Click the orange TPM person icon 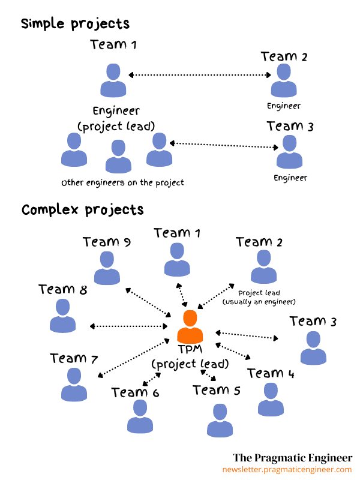190,326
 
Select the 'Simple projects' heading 76,24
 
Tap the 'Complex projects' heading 82,210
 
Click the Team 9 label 107,242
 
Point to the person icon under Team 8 63,316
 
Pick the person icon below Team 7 74,385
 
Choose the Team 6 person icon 140,416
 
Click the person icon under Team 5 220,420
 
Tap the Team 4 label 271,373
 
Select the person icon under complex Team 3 313,348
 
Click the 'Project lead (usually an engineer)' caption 259,297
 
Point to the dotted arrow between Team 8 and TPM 128,326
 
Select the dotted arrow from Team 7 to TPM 133,358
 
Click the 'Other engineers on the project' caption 122,183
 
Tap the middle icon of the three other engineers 118,156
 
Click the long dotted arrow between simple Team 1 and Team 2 200,75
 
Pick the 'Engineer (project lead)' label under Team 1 116,119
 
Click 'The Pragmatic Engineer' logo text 293,458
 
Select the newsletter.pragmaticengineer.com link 287,470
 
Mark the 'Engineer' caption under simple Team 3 290,178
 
